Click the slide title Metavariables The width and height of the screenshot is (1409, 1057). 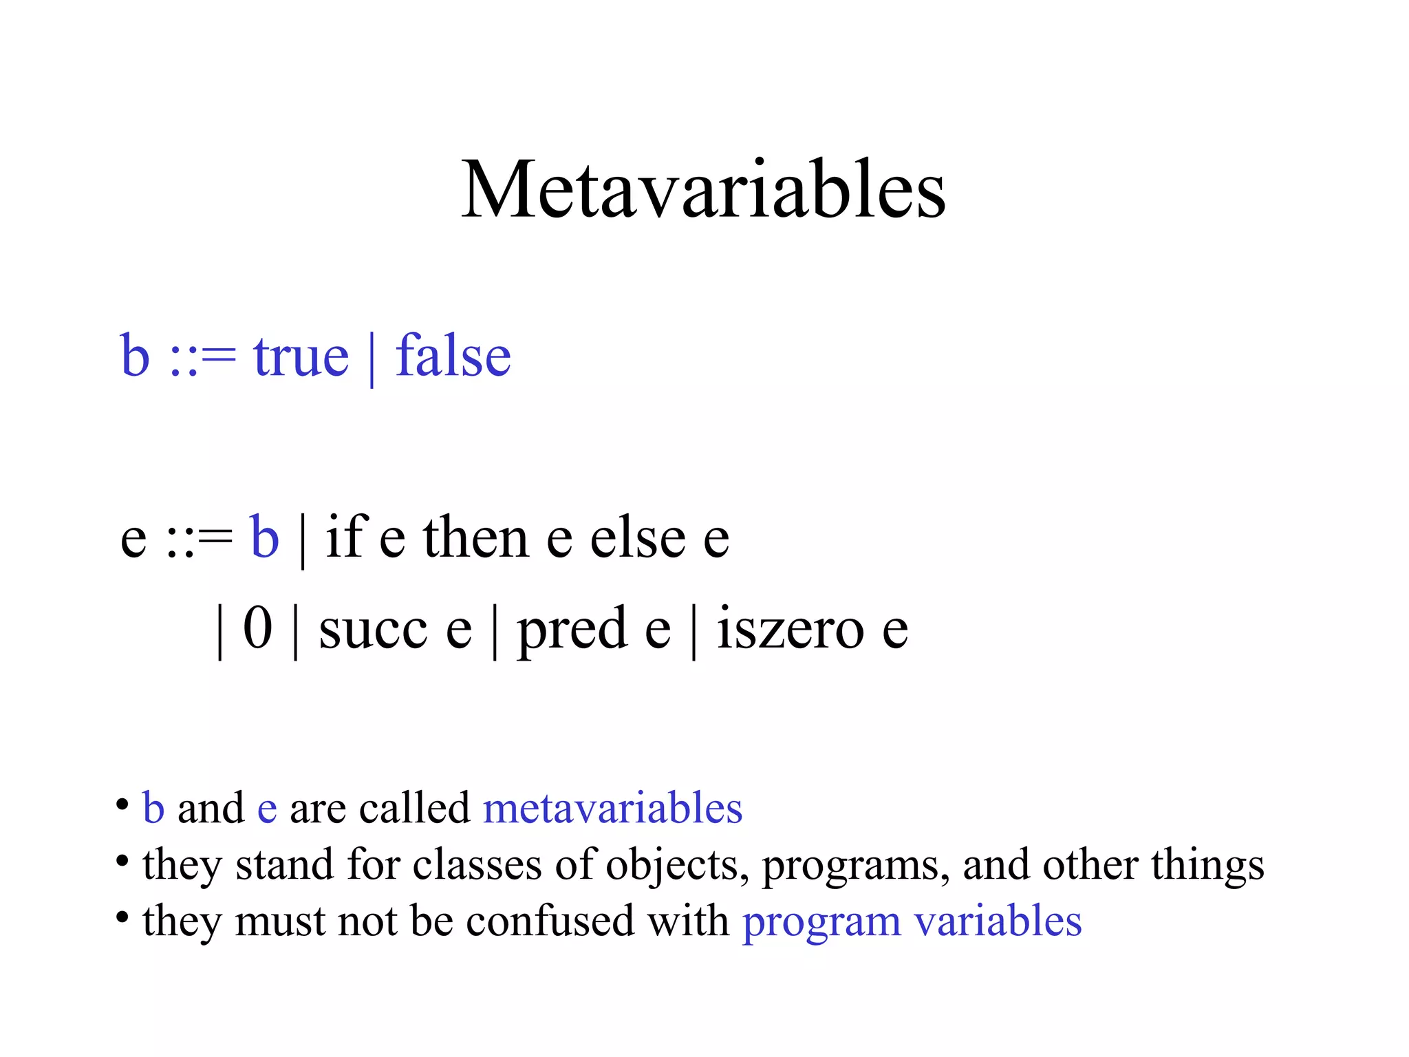(703, 189)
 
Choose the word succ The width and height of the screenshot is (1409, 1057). (373, 629)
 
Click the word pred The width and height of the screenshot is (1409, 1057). (572, 629)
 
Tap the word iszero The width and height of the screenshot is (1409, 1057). (790, 628)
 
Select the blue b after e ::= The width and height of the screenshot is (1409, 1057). (265, 537)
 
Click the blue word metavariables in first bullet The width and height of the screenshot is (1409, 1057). (612, 808)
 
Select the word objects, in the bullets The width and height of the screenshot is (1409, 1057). (677, 866)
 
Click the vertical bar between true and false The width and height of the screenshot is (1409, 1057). (372, 359)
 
